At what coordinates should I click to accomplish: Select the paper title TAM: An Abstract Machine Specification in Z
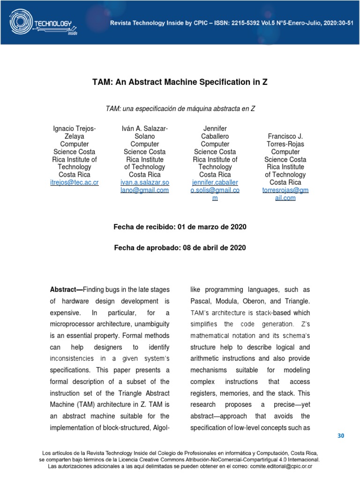pyautogui.click(x=180, y=82)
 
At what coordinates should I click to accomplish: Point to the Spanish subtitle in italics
pyautogui.click(x=180, y=108)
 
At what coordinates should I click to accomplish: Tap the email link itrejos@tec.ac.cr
pyautogui.click(x=74, y=182)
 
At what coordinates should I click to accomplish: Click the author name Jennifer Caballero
pyautogui.click(x=215, y=133)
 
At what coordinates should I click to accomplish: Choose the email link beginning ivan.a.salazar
pyautogui.click(x=144, y=186)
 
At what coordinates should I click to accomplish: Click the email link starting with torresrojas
pyautogui.click(x=285, y=194)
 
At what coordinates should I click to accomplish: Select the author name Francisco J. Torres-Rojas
pyautogui.click(x=285, y=140)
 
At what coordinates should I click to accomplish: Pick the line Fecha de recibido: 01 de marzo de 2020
pyautogui.click(x=180, y=227)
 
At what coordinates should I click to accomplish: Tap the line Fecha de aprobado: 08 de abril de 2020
pyautogui.click(x=180, y=247)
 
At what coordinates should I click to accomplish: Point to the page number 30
pyautogui.click(x=341, y=436)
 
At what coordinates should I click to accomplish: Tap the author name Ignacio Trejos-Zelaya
pyautogui.click(x=74, y=133)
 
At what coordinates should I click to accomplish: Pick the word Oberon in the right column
pyautogui.click(x=258, y=300)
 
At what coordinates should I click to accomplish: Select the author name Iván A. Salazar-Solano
pyautogui.click(x=144, y=133)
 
